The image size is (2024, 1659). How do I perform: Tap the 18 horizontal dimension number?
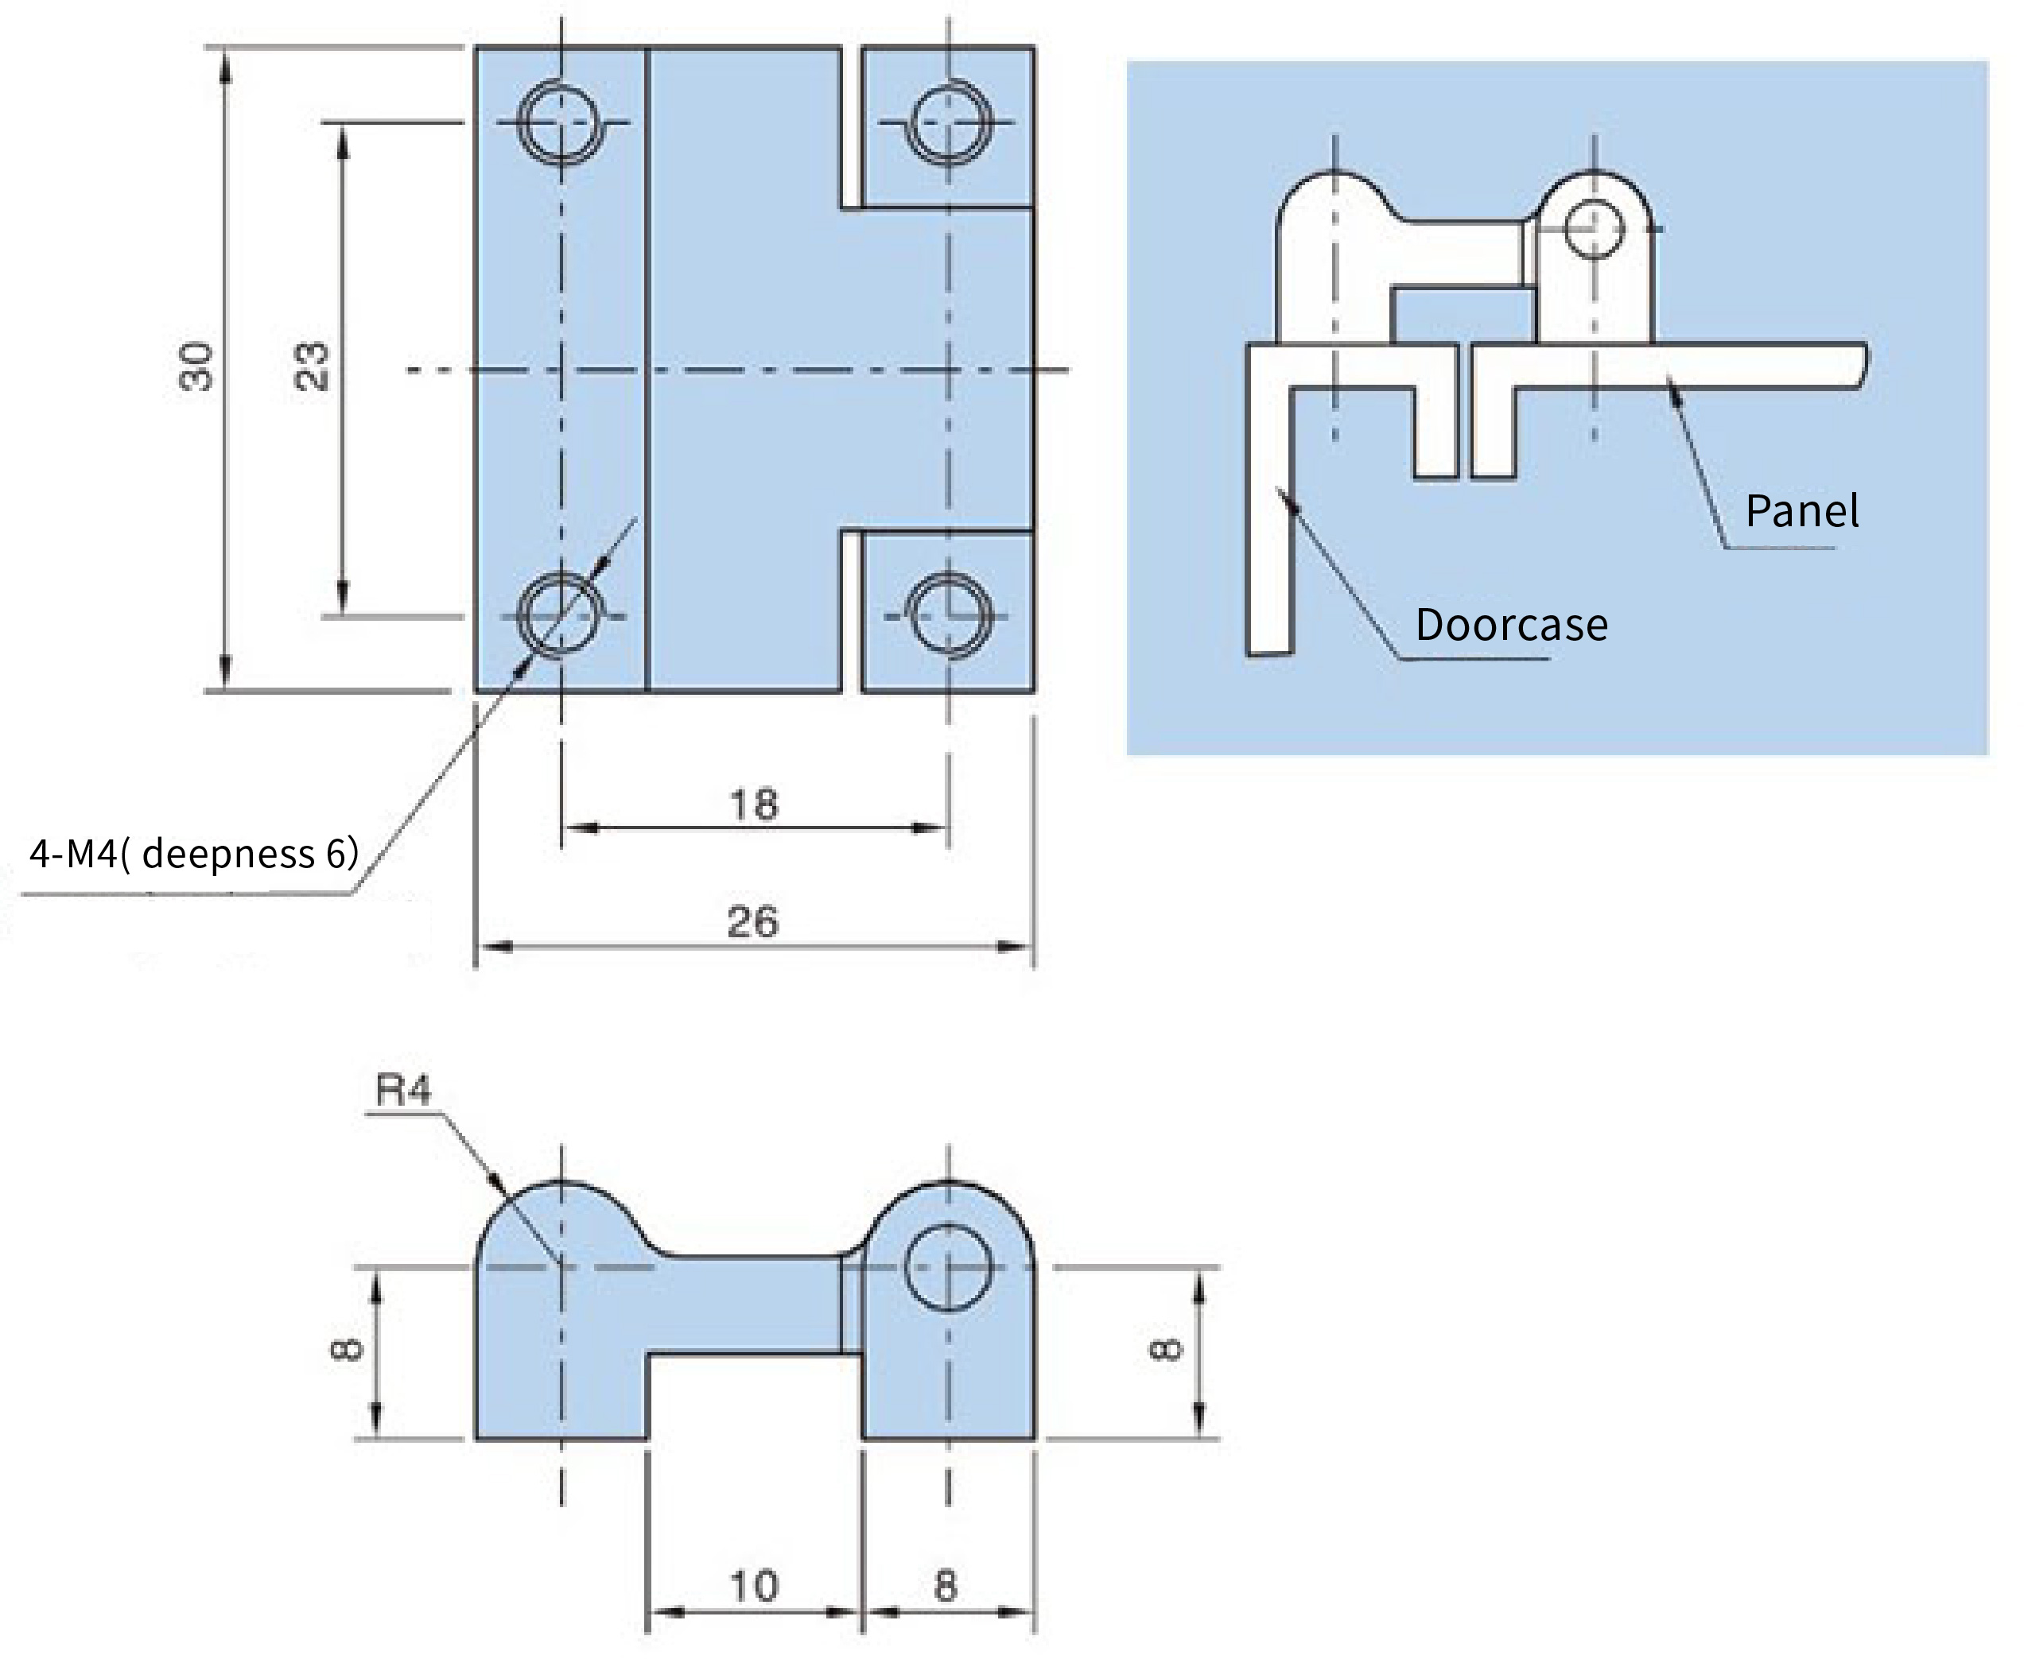pos(755,804)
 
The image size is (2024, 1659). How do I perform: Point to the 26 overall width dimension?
pos(753,922)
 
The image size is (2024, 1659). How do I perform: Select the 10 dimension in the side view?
pos(755,1587)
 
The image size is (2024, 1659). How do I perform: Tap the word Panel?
pos(1802,511)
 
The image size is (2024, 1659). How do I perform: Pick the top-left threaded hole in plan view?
pos(561,122)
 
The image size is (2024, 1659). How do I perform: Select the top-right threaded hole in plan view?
pos(949,122)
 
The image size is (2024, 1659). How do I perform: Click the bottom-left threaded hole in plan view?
pos(561,616)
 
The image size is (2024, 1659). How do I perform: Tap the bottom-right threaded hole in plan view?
pos(949,616)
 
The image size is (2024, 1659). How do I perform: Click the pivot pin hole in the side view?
pos(949,1267)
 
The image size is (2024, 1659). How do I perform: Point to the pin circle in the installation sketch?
pos(1594,230)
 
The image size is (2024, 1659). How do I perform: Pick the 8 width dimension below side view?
pos(946,1587)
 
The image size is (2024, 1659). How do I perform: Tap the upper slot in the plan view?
pos(852,126)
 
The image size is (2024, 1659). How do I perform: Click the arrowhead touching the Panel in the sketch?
pos(1675,393)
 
